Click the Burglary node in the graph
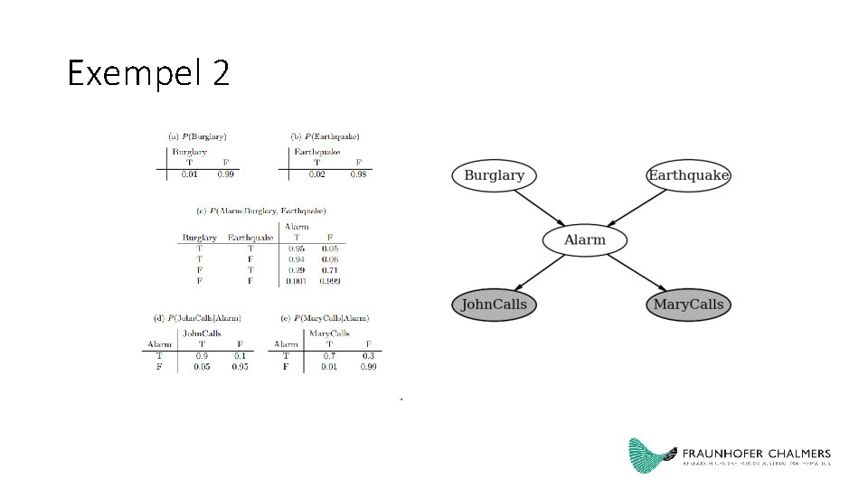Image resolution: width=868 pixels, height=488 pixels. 494,175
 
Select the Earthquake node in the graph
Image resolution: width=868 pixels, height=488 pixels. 688,175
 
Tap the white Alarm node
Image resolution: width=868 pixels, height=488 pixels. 585,240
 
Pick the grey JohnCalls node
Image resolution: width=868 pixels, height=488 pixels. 494,305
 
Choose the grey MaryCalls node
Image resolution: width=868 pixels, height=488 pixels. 688,305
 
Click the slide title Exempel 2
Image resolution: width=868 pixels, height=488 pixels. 148,73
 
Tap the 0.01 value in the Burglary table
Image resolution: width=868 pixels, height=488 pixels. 189,174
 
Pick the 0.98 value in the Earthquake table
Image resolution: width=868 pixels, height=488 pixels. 359,174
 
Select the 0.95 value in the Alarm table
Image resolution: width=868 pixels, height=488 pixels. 297,248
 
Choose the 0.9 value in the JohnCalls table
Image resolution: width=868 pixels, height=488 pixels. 202,356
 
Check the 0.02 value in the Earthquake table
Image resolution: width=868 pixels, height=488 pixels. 316,174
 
